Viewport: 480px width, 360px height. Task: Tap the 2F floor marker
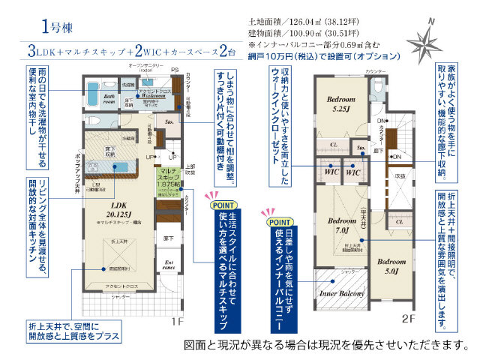tap(408, 318)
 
